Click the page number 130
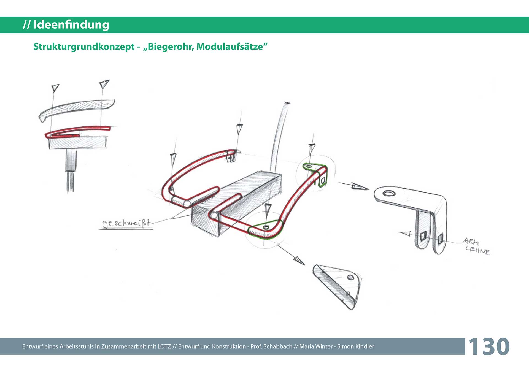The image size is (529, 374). click(489, 346)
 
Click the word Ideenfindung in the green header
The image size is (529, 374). click(71, 25)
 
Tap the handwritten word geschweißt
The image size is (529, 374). click(126, 223)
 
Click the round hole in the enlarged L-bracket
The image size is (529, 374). click(389, 193)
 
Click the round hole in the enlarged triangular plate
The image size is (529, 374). click(350, 277)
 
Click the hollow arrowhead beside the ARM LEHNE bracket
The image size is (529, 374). click(405, 234)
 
